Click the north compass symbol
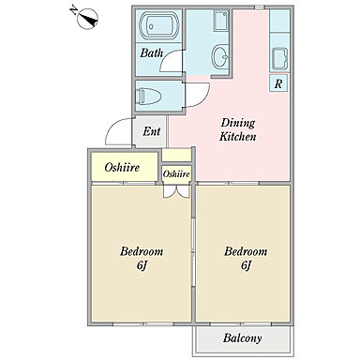[86, 18]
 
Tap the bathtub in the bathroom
[158, 26]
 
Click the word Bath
[152, 52]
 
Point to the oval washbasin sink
[220, 56]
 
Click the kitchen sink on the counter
[279, 59]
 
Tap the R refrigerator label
[278, 83]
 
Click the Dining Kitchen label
[238, 129]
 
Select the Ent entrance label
[152, 131]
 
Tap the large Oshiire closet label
[122, 168]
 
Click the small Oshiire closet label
[176, 173]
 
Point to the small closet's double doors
[176, 191]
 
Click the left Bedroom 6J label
[142, 258]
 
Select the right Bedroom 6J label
[246, 258]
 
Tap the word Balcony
[242, 337]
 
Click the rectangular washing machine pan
[221, 21]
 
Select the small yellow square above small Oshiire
[177, 155]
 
